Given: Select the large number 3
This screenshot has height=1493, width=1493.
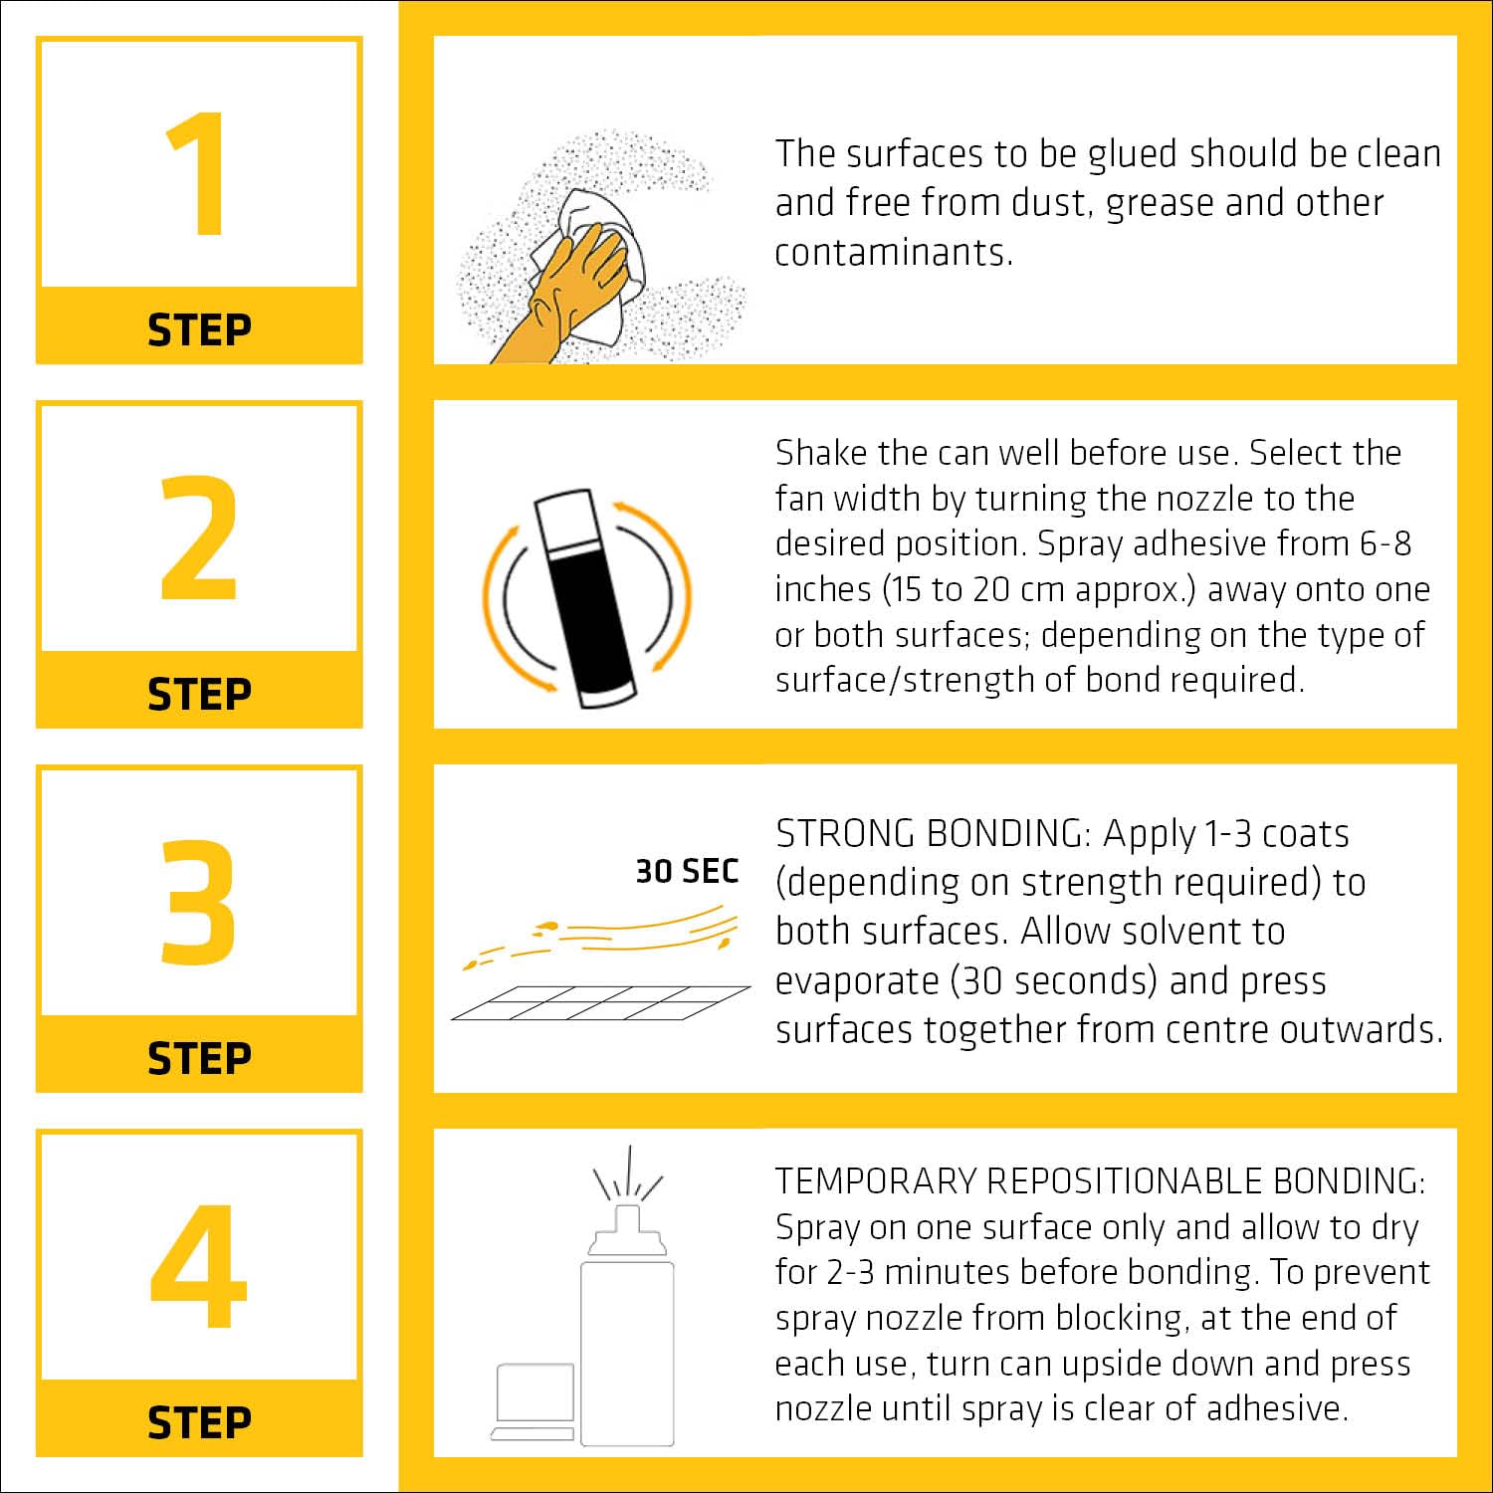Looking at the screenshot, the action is pos(199,902).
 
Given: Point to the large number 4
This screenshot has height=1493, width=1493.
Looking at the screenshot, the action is pos(199,1266).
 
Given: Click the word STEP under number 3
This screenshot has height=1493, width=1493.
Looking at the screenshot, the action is pos(199,1058).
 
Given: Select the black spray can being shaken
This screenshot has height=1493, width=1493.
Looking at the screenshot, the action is pos(586,598).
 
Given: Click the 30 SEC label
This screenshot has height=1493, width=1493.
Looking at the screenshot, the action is pos(687,871).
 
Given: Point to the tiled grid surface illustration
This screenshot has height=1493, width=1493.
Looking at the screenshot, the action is pos(600,1003).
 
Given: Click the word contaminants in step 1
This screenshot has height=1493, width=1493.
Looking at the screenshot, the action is pos(894,252).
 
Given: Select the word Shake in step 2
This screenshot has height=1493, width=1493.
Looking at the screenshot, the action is pos(820,453).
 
